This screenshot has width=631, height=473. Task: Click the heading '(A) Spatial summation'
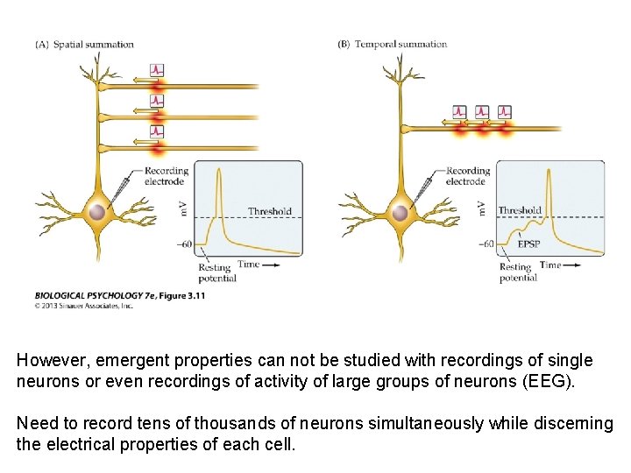(x=85, y=45)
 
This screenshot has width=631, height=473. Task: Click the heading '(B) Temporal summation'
(x=393, y=45)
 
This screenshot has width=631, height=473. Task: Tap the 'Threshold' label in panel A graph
(x=269, y=211)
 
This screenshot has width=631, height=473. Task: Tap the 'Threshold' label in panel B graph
(x=520, y=210)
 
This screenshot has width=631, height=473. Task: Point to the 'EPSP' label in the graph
(x=528, y=244)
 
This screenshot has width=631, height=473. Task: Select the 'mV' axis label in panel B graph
(x=482, y=207)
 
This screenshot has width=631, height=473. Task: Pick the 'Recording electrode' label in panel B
(x=467, y=176)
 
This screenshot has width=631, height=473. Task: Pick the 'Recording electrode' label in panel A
(x=166, y=176)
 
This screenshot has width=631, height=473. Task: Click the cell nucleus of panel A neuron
(x=97, y=212)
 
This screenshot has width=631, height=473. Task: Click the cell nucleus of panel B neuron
(x=400, y=212)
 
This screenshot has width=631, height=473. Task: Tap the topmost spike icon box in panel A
(x=157, y=69)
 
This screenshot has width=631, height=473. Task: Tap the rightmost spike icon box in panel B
(x=504, y=112)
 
